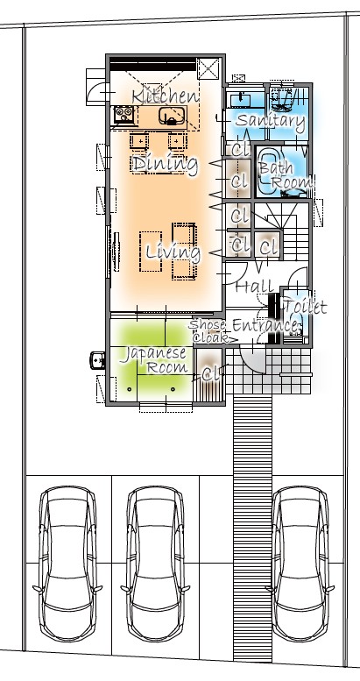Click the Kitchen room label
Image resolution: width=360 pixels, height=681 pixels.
(x=165, y=96)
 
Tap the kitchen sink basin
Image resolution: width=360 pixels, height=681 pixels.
(x=169, y=116)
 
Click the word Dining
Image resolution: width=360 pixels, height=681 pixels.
(x=165, y=164)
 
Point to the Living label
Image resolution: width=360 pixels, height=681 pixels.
(x=173, y=252)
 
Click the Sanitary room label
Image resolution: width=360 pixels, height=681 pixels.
(x=270, y=121)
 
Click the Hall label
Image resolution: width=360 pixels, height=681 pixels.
(x=255, y=287)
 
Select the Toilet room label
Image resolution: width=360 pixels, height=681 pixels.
(x=305, y=307)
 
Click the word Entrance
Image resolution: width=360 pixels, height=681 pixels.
(x=265, y=325)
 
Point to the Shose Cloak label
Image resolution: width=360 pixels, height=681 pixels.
(x=208, y=330)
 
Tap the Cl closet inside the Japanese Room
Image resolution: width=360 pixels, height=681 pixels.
(x=210, y=374)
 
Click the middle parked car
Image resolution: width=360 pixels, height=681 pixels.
(x=155, y=564)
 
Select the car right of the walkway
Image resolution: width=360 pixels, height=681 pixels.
(x=300, y=564)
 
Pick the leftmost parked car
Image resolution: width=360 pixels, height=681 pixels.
(x=67, y=564)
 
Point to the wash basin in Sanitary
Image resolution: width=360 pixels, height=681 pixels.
(x=240, y=100)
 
